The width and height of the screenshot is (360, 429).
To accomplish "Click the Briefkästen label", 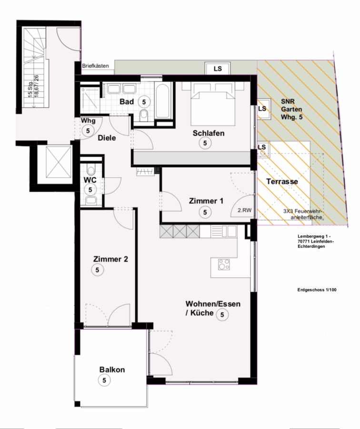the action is pyautogui.click(x=95, y=66).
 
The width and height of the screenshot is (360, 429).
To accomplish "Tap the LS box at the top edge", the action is pyautogui.click(x=218, y=68).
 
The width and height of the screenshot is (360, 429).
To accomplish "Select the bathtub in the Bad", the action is pyautogui.click(x=163, y=101).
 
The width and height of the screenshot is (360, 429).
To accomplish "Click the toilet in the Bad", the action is pyautogui.click(x=143, y=115).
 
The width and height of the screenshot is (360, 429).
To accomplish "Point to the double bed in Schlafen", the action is pyautogui.click(x=213, y=104).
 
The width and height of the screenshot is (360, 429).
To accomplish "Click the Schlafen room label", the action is pyautogui.click(x=209, y=133).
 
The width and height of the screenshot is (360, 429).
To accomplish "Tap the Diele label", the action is pyautogui.click(x=107, y=138).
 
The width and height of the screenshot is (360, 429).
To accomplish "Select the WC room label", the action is pyautogui.click(x=90, y=180).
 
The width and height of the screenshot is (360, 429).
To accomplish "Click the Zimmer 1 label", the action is pyautogui.click(x=206, y=201).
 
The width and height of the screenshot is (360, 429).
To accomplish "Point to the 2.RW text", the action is pyautogui.click(x=244, y=210).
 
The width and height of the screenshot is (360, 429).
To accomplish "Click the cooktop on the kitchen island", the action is pyautogui.click(x=224, y=264).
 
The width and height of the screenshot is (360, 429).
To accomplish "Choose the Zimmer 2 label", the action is pyautogui.click(x=110, y=259).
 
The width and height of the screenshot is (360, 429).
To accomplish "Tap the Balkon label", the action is pyautogui.click(x=112, y=369).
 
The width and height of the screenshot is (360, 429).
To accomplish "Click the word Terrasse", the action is pyautogui.click(x=282, y=182).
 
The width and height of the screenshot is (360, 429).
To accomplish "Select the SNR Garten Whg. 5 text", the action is pyautogui.click(x=291, y=109).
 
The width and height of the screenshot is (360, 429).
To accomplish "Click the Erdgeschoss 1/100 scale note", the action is pyautogui.click(x=317, y=290).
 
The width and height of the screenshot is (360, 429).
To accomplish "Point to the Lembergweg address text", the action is pyautogui.click(x=316, y=241).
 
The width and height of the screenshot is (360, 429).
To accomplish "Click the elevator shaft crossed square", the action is pyautogui.click(x=59, y=162).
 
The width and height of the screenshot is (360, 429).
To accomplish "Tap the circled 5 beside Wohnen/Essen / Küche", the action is pyautogui.click(x=222, y=315).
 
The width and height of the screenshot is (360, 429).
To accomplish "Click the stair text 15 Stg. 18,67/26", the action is pyautogui.click(x=33, y=86).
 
